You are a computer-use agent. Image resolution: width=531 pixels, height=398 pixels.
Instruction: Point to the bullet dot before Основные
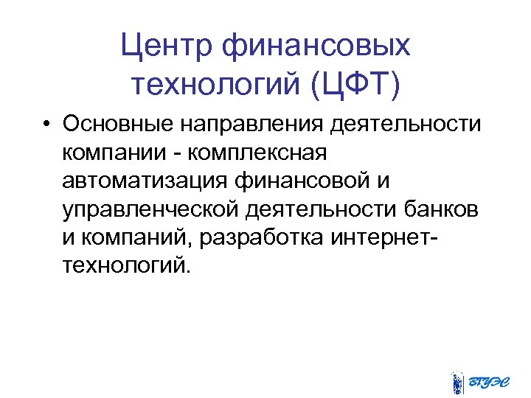[46, 125]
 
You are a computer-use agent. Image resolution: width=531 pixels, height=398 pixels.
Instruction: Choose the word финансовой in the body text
[295, 181]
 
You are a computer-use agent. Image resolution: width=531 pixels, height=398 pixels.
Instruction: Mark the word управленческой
[151, 209]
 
